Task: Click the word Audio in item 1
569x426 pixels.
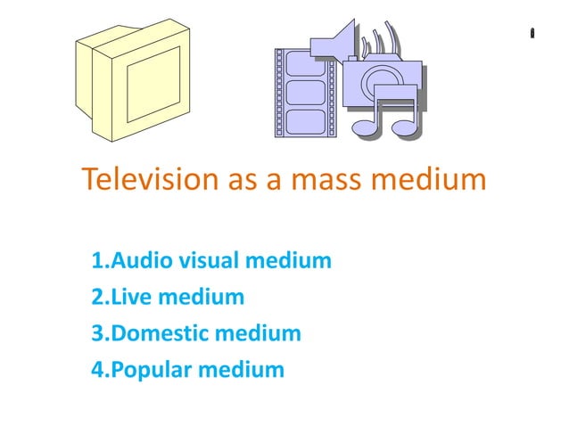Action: pos(144,261)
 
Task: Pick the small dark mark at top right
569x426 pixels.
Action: pos(532,34)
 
